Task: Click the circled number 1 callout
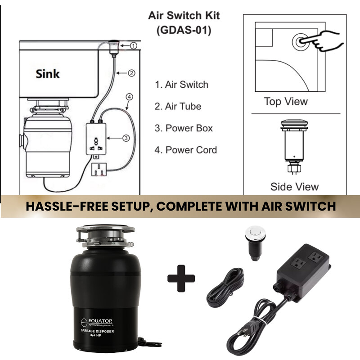(x=134, y=46)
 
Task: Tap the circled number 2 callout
(x=131, y=73)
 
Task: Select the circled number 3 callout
(x=126, y=138)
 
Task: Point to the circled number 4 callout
(x=129, y=97)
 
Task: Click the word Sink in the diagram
(x=48, y=74)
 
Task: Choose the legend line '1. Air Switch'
(x=182, y=85)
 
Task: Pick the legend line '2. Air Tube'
(x=178, y=106)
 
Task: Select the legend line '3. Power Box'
(x=184, y=128)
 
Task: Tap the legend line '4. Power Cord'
(x=186, y=150)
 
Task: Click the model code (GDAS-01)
(x=184, y=30)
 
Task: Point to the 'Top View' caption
(x=286, y=102)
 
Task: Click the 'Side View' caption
(x=295, y=186)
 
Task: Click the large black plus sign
(x=181, y=279)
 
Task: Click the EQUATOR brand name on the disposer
(x=100, y=321)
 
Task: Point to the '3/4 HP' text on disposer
(x=95, y=335)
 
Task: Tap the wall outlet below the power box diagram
(x=99, y=170)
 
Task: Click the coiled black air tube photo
(x=225, y=288)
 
